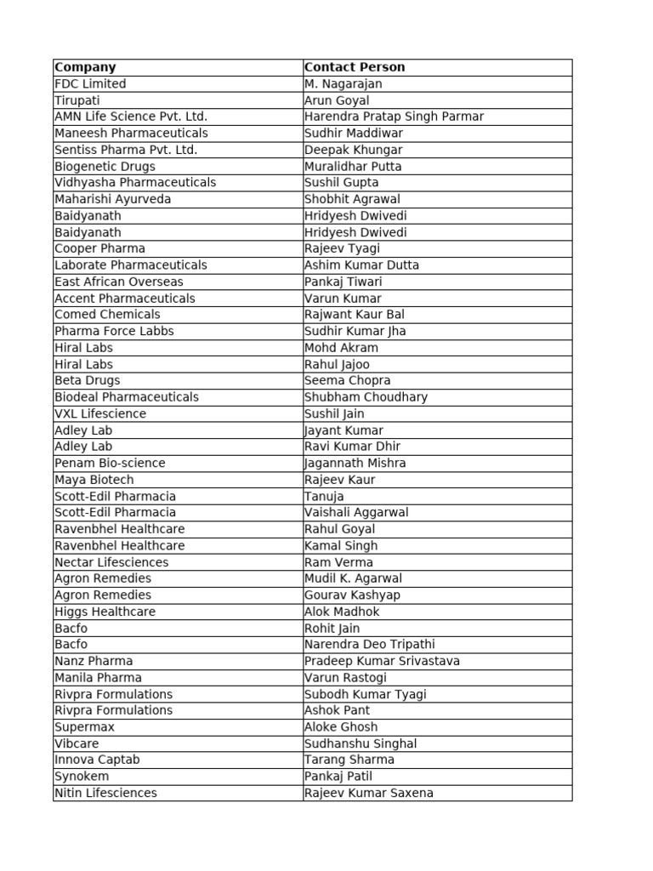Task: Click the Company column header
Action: point(85,67)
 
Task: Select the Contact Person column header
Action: point(355,67)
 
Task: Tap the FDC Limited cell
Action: point(90,83)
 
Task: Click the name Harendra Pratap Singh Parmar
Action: point(394,117)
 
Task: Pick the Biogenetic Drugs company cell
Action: point(105,166)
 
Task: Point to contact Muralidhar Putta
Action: point(353,166)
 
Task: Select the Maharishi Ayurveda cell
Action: point(112,199)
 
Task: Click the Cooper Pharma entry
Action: point(99,248)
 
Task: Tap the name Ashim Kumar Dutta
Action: point(361,265)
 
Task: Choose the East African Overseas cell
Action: point(118,282)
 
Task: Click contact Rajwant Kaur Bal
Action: point(355,314)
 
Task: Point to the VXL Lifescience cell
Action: point(100,413)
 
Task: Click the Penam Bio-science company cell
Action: point(110,463)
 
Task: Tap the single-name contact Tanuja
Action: point(324,496)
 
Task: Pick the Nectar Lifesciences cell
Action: point(111,562)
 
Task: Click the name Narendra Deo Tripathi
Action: point(369,644)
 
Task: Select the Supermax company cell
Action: point(84,726)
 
